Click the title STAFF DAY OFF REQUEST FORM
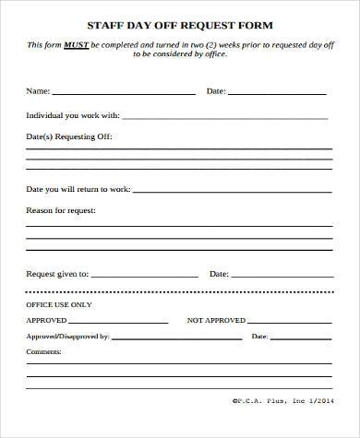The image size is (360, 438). pos(179,26)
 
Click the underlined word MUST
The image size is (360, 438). pos(77,44)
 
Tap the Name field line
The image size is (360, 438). pos(124,93)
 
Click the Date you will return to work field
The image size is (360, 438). pos(231,191)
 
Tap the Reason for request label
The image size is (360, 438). pos(61,210)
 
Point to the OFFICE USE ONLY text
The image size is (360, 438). pos(59,303)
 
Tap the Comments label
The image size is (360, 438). pos(43,351)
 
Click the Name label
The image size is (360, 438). pos(37,91)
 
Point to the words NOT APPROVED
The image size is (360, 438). pos(216,320)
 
